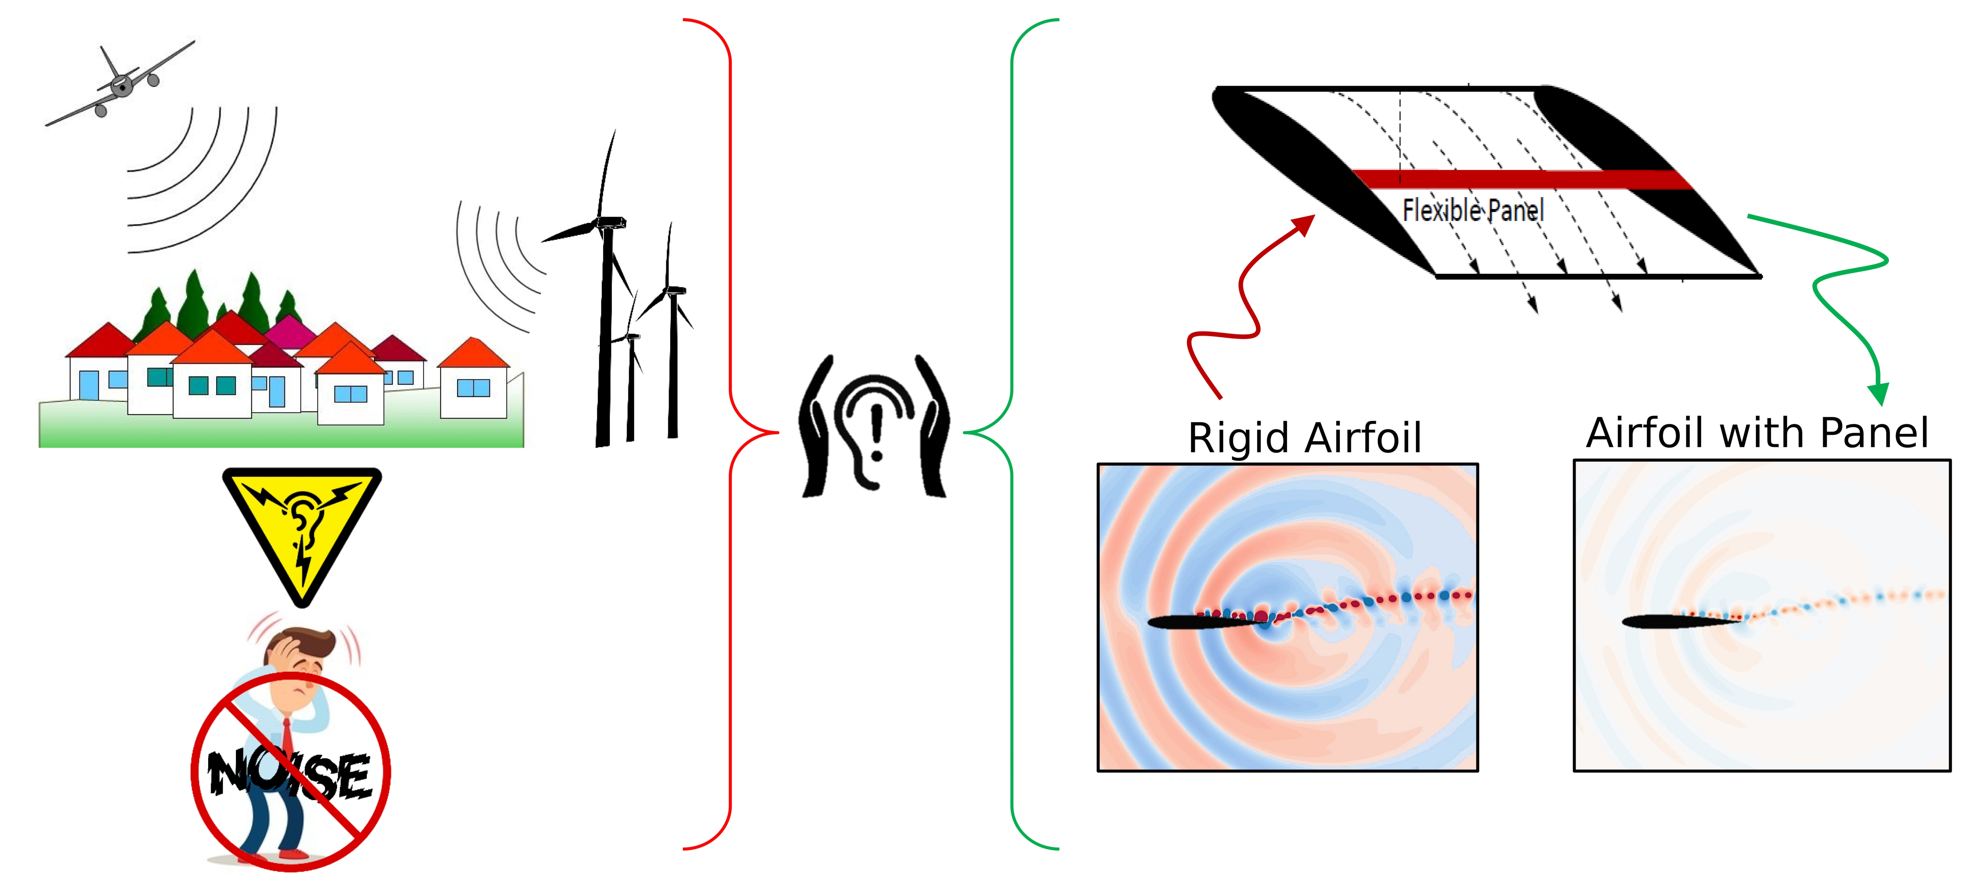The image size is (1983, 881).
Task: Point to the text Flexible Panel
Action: click(x=1472, y=210)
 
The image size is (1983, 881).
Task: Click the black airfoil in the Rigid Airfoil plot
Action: click(x=1201, y=622)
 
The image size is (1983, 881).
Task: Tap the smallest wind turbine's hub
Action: click(x=631, y=337)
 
